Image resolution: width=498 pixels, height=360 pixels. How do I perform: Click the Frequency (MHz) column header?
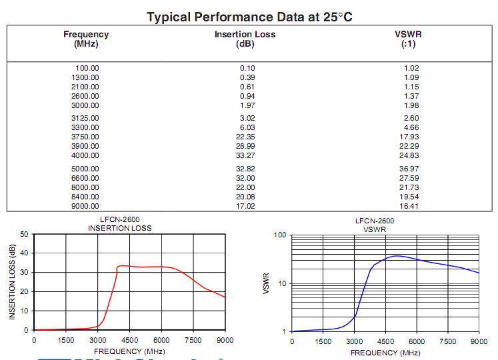point(86,39)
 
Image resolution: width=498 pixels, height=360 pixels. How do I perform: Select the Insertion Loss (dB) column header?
point(245,39)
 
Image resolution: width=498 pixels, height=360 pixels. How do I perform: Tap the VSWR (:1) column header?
point(408,39)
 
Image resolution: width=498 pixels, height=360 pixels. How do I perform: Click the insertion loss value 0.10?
point(247,68)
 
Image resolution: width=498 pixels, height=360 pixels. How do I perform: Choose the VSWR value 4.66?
point(411,127)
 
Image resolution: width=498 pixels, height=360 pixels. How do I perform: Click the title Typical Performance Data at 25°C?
point(249,17)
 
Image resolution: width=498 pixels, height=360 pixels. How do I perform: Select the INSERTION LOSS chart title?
point(120,228)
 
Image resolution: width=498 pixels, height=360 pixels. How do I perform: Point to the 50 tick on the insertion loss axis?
point(25,235)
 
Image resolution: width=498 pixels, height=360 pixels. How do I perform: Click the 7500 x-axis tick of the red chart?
point(193,340)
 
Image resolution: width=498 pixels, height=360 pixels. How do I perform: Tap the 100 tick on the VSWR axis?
point(279,235)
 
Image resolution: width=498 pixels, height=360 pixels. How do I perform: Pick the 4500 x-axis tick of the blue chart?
point(385,341)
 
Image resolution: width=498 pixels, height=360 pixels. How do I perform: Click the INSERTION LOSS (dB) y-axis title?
point(12,281)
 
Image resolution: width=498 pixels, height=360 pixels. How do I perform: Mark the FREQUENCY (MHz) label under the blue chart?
point(385,353)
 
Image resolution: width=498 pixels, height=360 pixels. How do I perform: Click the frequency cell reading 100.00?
point(87,68)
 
